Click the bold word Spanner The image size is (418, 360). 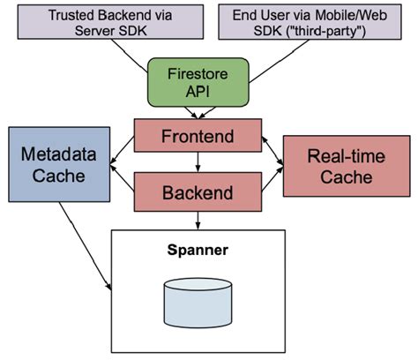tap(198, 251)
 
